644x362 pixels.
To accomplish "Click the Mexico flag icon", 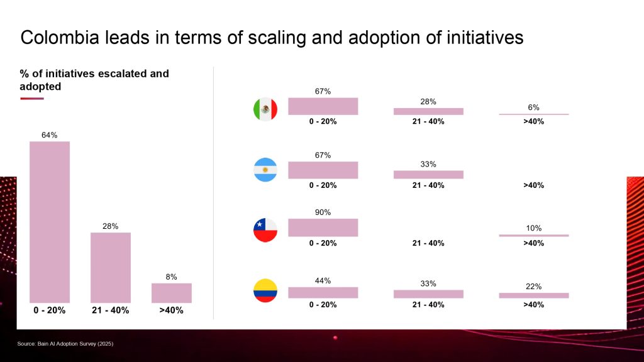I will click(265, 110).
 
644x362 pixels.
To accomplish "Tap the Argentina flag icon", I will click(265, 170).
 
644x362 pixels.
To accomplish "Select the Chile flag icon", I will click(265, 230).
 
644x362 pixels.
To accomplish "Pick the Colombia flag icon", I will click(265, 290).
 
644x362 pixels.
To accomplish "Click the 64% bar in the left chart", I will click(50, 222).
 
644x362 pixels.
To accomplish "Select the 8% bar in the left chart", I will click(171, 293).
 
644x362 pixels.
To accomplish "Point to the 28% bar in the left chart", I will click(111, 268).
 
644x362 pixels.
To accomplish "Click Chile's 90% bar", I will click(323, 227).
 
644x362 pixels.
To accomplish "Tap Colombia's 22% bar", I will click(533, 295).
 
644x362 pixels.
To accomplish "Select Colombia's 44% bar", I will click(323, 292).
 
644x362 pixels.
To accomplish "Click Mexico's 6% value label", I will click(533, 107).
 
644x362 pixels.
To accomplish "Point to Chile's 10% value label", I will click(533, 228).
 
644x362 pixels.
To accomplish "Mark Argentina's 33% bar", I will click(428, 174).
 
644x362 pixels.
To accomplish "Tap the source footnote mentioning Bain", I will click(65, 344).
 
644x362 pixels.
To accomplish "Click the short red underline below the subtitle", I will click(31, 98).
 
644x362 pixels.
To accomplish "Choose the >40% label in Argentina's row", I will click(533, 185).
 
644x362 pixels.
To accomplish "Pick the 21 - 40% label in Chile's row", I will click(428, 243).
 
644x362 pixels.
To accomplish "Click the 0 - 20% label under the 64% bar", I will click(50, 310).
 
